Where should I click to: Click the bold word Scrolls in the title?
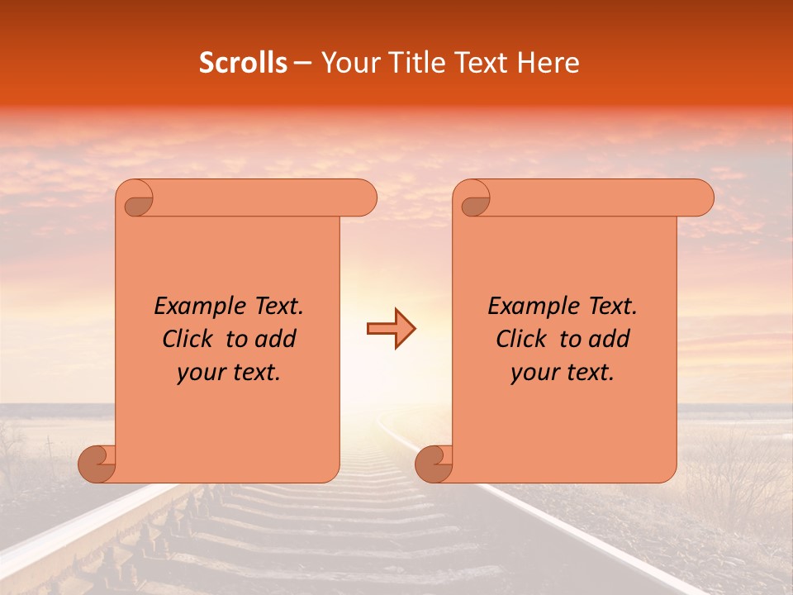tap(243, 63)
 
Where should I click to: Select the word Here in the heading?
tap(548, 63)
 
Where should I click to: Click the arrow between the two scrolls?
tap(391, 328)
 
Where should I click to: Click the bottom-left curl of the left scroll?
tap(97, 464)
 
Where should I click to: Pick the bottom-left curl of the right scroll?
tap(434, 464)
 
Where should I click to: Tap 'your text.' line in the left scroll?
tap(229, 373)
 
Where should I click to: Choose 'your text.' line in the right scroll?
tap(563, 373)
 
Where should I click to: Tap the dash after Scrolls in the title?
tap(303, 63)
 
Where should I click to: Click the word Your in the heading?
tap(344, 63)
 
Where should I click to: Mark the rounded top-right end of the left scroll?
tap(363, 198)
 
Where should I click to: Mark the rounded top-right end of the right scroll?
tap(700, 198)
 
